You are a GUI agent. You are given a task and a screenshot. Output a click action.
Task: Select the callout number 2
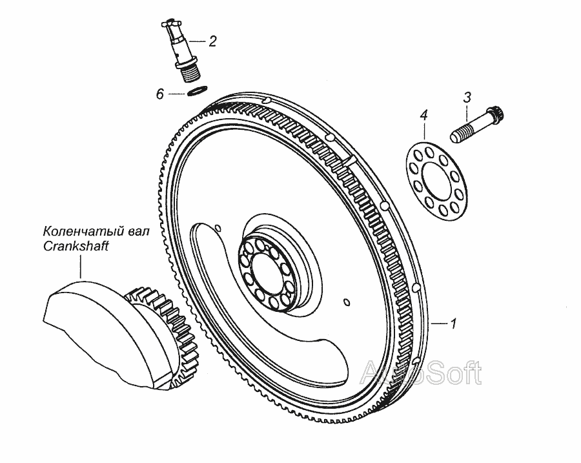pyautogui.click(x=212, y=42)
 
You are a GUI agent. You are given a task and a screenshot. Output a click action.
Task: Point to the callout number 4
pyautogui.click(x=423, y=116)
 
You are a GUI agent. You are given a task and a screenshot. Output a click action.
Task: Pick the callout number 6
pyautogui.click(x=159, y=94)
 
